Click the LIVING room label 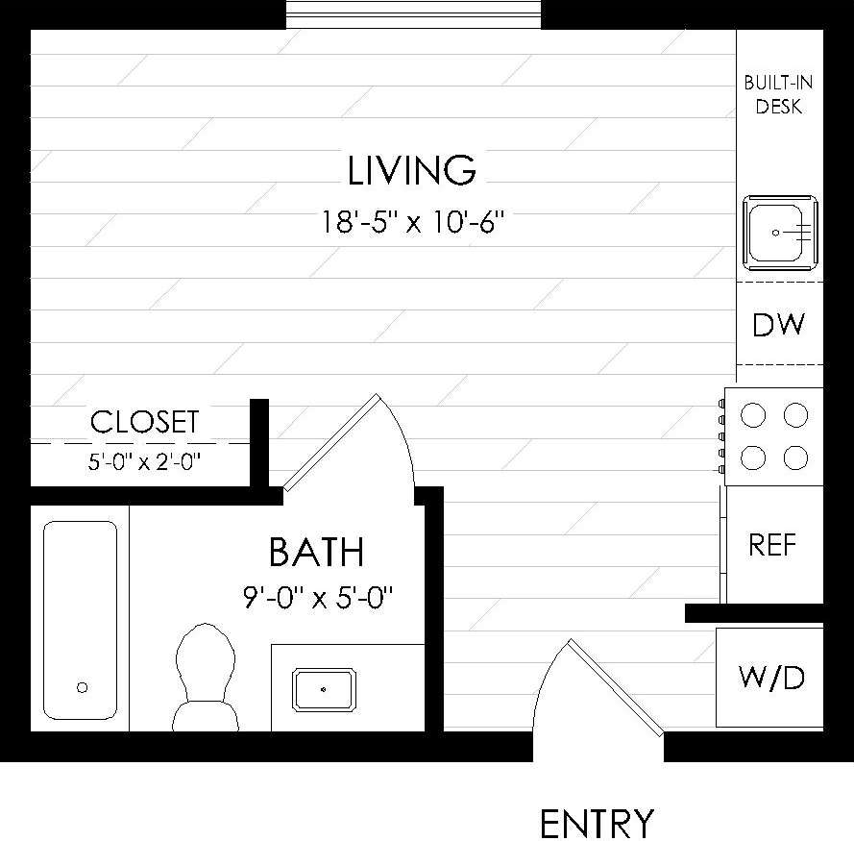(411, 171)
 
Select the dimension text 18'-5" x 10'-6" (413, 224)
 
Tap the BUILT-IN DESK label (778, 95)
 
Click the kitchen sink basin (779, 231)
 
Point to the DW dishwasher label (778, 326)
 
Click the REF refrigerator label (773, 546)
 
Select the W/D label (771, 679)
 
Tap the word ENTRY (597, 824)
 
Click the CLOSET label (144, 422)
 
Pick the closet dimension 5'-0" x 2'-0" (144, 462)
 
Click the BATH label (316, 553)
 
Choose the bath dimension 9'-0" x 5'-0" (319, 597)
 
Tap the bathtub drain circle (82, 687)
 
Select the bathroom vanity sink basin (324, 689)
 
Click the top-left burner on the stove (754, 415)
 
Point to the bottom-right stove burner (795, 458)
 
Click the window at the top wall (414, 14)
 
